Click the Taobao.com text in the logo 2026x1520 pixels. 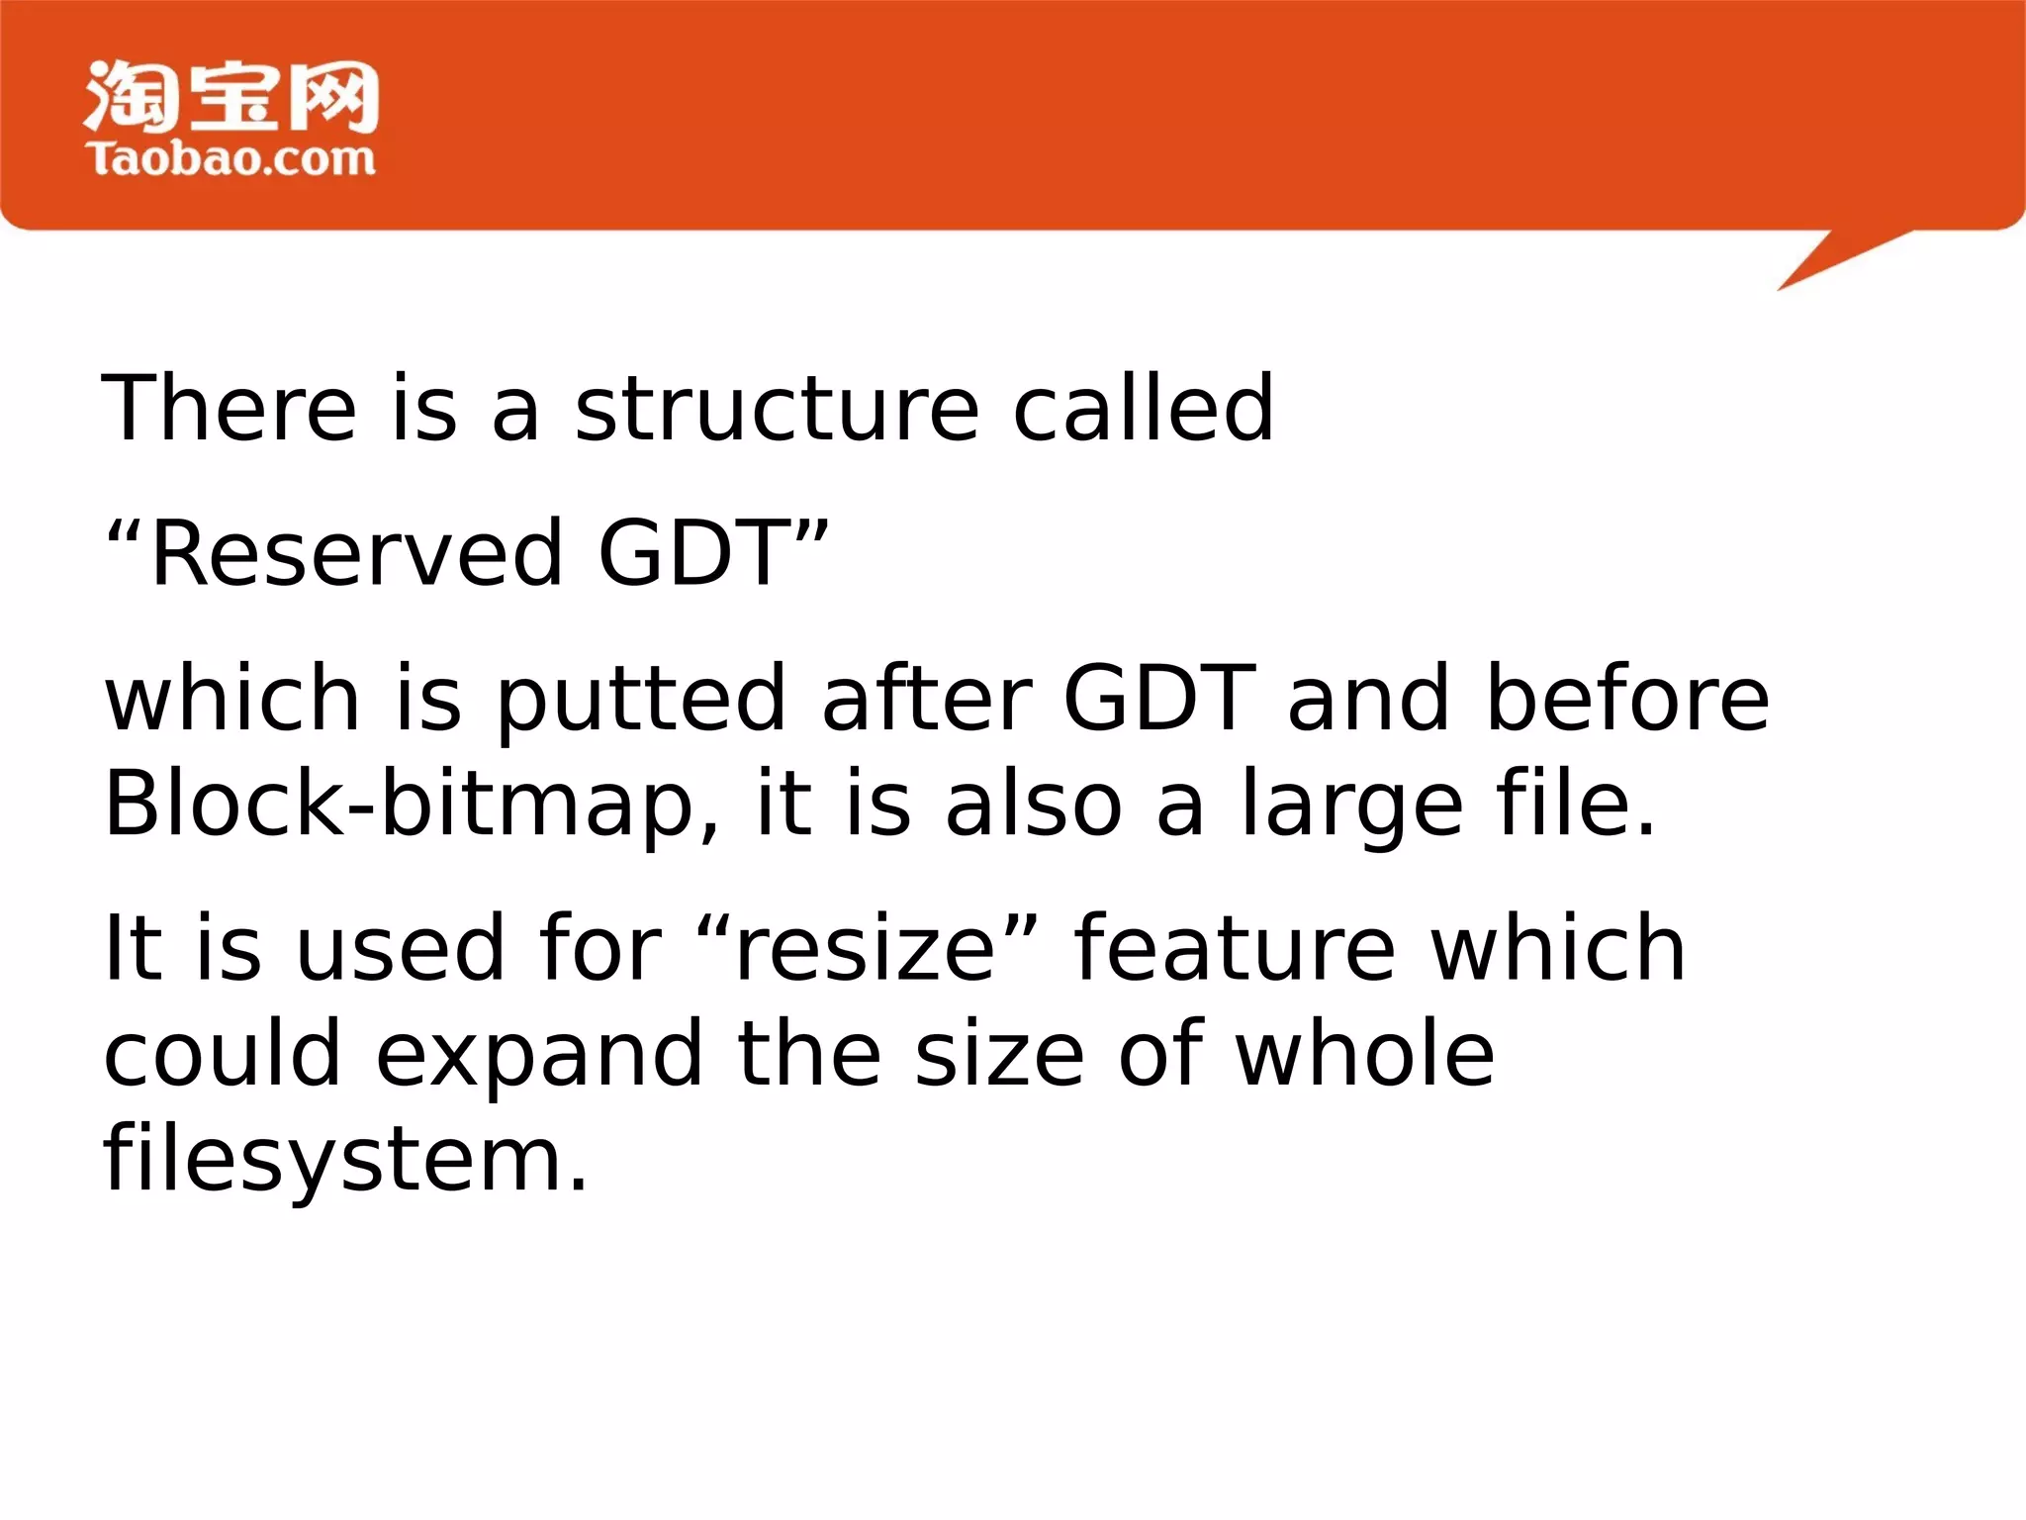pos(231,159)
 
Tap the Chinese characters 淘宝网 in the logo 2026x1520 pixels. pos(231,96)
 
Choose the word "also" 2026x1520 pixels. pos(1034,804)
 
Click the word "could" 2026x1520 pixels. pos(223,1054)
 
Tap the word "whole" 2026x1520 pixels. pos(1365,1054)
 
